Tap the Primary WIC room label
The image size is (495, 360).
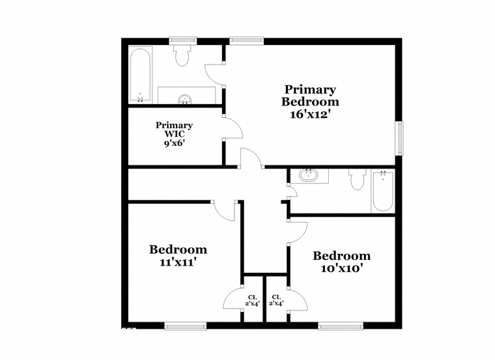pyautogui.click(x=174, y=130)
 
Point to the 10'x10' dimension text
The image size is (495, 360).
pyautogui.click(x=341, y=268)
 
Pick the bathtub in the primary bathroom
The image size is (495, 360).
pyautogui.click(x=141, y=75)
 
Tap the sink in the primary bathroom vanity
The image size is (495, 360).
pyautogui.click(x=186, y=100)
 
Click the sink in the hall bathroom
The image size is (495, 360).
pyautogui.click(x=308, y=175)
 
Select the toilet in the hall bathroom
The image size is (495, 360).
pyautogui.click(x=358, y=179)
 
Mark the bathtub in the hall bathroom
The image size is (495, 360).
pyautogui.click(x=383, y=191)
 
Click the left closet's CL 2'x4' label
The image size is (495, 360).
pyautogui.click(x=252, y=300)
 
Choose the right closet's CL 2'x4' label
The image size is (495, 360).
pyautogui.click(x=276, y=300)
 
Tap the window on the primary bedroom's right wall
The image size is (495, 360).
pyautogui.click(x=400, y=138)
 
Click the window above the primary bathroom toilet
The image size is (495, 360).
pyautogui.click(x=183, y=40)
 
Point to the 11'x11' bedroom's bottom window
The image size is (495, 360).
pyautogui.click(x=186, y=326)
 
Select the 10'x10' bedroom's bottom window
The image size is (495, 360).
pyautogui.click(x=340, y=326)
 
